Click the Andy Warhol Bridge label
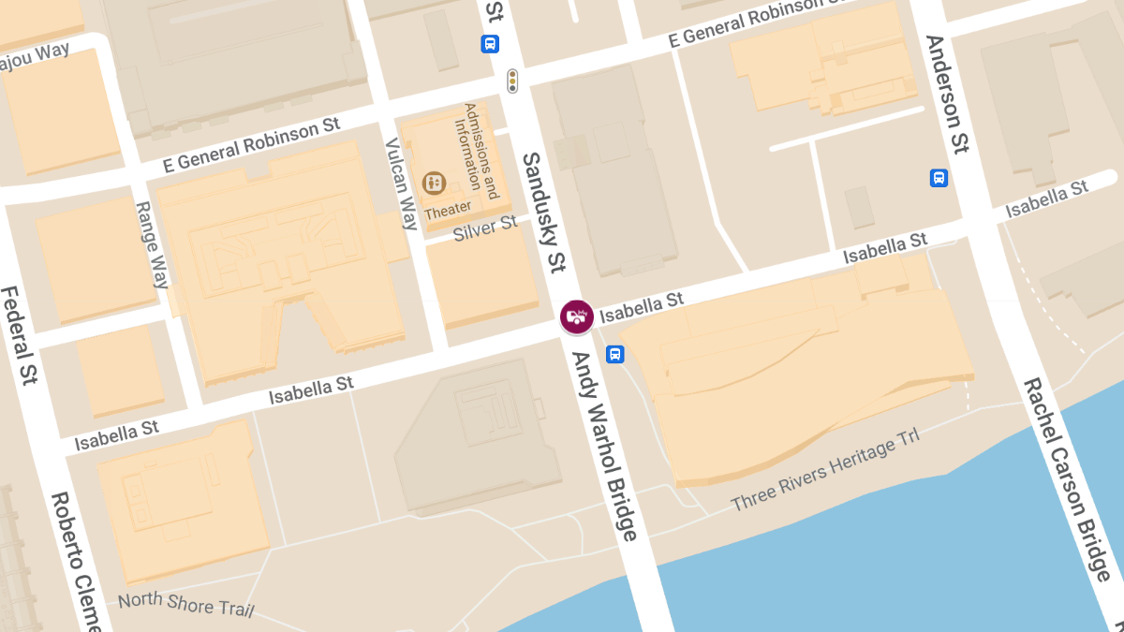[604, 447]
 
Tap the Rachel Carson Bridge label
[1067, 479]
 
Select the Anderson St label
[946, 94]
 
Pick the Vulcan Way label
[402, 184]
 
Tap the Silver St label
[485, 228]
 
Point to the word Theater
[448, 213]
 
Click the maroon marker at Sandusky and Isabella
[576, 316]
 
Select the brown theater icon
[434, 183]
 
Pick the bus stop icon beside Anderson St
[939, 178]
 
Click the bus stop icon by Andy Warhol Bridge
[615, 354]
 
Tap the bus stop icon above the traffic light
[490, 43]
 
